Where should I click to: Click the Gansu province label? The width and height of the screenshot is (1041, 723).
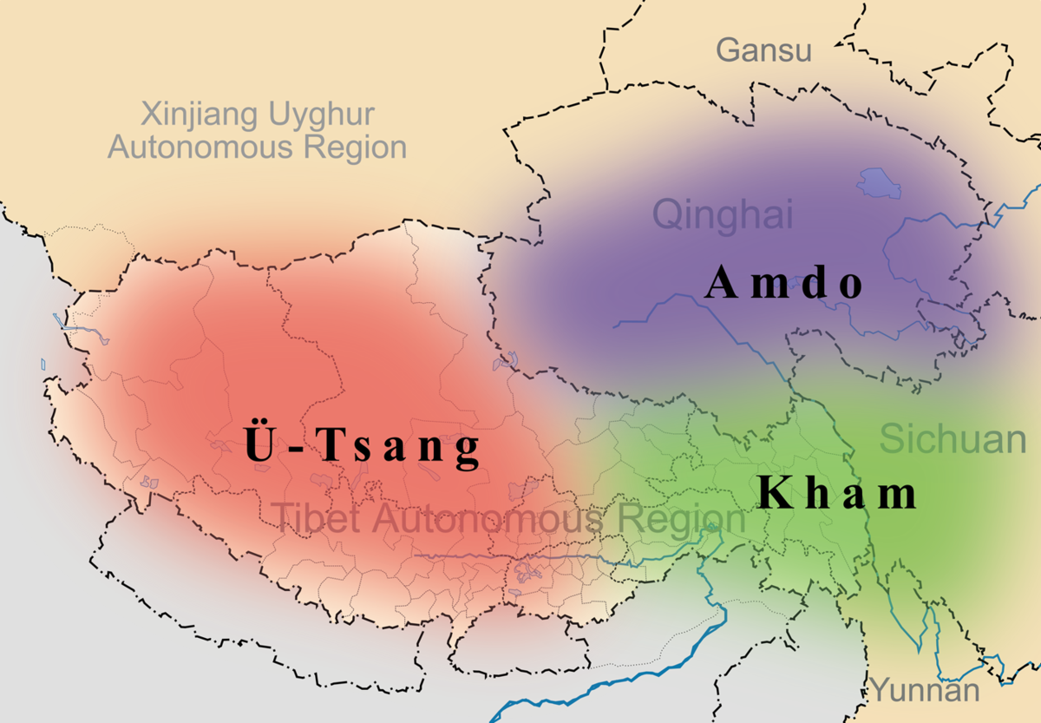pyautogui.click(x=763, y=50)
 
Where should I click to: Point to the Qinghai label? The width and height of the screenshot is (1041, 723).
pyautogui.click(x=723, y=214)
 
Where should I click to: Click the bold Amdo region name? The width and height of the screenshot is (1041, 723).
pyautogui.click(x=784, y=283)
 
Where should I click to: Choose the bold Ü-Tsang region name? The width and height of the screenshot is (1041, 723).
pyautogui.click(x=362, y=445)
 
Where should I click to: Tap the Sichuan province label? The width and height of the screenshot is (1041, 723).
pyautogui.click(x=952, y=439)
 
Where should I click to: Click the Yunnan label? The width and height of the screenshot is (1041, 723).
pyautogui.click(x=925, y=692)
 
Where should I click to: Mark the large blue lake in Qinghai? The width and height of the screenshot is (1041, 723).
pyautogui.click(x=879, y=183)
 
